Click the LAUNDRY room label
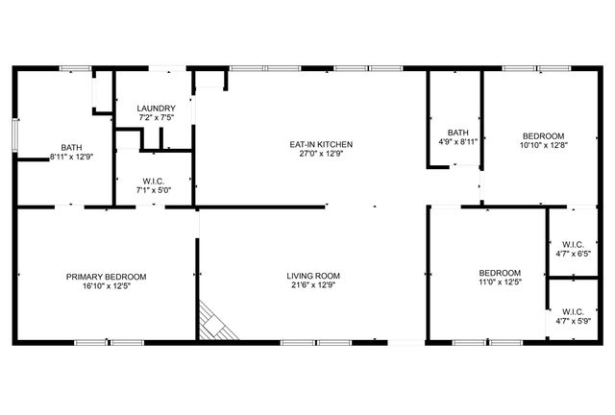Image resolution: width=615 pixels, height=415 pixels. click(155, 109)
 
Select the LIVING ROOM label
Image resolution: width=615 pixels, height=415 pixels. click(313, 277)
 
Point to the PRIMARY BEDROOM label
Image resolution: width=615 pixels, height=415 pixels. click(106, 277)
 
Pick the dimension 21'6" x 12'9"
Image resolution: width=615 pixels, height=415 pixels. click(313, 285)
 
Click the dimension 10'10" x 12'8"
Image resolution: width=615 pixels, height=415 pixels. click(543, 146)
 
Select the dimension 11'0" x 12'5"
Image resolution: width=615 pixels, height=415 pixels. click(500, 282)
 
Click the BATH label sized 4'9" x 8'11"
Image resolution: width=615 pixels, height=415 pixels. click(457, 133)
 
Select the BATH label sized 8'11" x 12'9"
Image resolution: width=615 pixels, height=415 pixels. click(71, 147)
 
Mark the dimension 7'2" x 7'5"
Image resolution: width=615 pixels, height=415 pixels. click(155, 117)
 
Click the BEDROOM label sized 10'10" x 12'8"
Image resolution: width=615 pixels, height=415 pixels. click(543, 136)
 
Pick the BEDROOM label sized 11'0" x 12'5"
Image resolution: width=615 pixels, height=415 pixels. click(500, 273)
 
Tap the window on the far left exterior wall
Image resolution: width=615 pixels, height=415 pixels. click(13, 134)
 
